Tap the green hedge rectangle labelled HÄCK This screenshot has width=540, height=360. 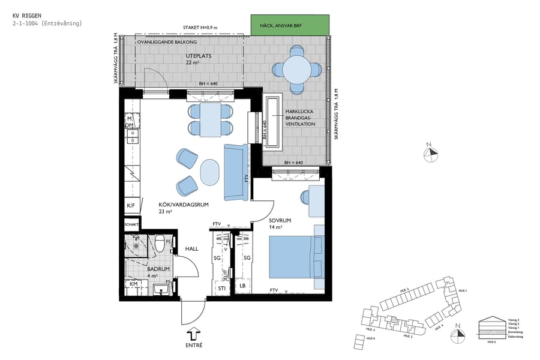coord(290,25)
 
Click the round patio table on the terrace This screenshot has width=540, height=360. coord(298,70)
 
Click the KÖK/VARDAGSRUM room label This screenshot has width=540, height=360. coord(184,205)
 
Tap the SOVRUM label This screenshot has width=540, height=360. coord(280,221)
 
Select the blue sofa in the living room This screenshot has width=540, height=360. coord(236,172)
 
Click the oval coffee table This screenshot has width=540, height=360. coord(210,172)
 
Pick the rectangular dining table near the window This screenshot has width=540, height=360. coord(210,119)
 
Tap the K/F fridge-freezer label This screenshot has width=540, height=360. coord(131,206)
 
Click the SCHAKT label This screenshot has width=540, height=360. coord(131,224)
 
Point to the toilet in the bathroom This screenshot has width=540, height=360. coord(160,244)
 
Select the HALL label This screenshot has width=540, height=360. coord(191,248)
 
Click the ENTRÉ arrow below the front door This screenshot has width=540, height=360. coord(194,334)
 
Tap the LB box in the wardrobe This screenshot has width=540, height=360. coord(242,286)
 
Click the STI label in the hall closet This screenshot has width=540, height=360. coord(221,287)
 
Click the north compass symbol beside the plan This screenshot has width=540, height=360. coord(430,154)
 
